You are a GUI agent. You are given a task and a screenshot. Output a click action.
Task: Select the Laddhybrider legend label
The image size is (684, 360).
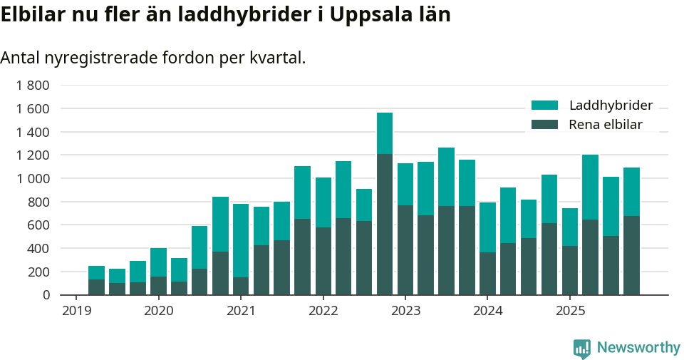611,106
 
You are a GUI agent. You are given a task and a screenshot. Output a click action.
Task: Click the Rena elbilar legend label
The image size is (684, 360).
605,125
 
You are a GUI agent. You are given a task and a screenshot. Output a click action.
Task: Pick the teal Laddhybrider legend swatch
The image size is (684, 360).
545,106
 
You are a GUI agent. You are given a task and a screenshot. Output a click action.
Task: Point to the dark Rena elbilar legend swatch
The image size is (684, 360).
545,125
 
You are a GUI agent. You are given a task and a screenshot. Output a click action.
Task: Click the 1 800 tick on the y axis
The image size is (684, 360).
33,86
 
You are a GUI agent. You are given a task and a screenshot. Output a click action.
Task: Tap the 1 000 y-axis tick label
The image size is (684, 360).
33,178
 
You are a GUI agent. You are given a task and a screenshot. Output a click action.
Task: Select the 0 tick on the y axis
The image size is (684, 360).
46,295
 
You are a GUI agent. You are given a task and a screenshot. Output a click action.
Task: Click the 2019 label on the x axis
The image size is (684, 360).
76,311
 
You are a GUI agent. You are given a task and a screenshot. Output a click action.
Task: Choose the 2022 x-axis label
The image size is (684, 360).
323,311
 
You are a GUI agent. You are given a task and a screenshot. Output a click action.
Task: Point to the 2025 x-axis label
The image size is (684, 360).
570,311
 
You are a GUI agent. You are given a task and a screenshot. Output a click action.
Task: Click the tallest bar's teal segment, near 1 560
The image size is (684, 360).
385,133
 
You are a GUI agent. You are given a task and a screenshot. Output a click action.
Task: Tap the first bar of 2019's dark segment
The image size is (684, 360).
96,287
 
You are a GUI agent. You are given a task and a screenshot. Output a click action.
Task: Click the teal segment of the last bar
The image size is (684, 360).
631,191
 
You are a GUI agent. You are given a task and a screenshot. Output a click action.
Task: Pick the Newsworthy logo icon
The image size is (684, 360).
582,348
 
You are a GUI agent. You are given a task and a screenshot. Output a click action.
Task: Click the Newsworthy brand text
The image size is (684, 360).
638,348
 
